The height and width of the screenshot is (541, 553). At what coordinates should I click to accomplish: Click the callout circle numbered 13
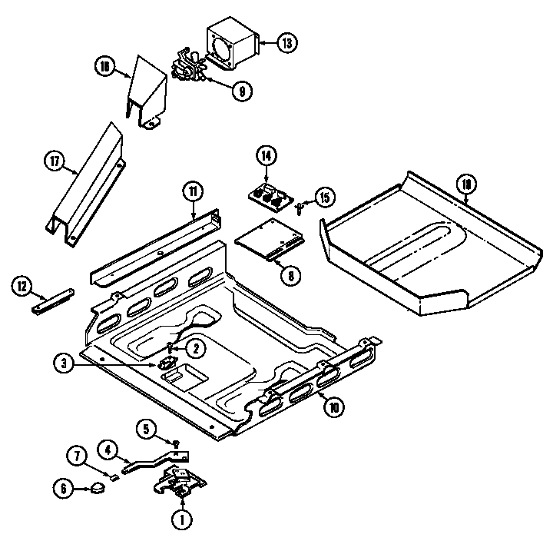pos(286,43)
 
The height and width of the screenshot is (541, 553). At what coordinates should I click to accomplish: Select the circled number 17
pos(53,161)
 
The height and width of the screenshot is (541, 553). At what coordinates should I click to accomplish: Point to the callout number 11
pos(192,191)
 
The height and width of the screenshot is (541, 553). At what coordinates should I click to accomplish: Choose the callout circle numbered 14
pos(266,156)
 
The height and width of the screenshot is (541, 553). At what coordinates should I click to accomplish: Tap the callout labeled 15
pos(324,197)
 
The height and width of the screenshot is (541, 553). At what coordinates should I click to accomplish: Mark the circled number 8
pos(289,275)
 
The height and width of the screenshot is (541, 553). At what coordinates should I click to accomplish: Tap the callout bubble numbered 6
pos(65,487)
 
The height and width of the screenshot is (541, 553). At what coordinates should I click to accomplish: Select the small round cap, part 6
pos(97,486)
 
